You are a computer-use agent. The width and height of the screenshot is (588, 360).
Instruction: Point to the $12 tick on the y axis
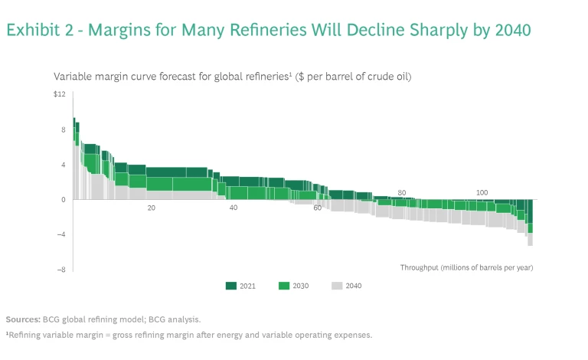60,94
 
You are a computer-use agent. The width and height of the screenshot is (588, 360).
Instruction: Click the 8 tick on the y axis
64,129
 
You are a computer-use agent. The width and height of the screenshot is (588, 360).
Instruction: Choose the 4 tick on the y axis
64,165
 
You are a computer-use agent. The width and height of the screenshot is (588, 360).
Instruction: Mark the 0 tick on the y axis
64,200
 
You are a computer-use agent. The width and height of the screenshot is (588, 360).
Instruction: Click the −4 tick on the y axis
61,234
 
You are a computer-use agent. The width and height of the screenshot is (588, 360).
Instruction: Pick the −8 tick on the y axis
61,270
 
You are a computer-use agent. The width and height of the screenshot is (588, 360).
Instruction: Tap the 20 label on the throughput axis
152,208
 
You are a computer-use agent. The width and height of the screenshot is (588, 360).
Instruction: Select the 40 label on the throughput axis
234,208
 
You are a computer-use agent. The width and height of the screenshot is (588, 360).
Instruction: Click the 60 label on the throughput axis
318,208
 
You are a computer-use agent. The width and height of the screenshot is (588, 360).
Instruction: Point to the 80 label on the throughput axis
401,192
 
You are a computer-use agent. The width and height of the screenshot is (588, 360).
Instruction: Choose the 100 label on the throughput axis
482,192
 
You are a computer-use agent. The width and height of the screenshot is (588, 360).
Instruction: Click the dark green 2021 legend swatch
231,286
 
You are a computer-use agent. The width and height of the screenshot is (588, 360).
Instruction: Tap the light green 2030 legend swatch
284,286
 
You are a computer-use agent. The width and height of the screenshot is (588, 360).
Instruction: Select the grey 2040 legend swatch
337,286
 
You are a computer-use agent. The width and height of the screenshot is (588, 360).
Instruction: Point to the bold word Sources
23,319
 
